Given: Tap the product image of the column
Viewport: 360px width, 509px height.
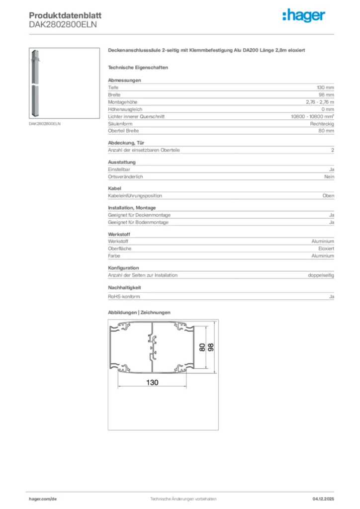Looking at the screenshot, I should pos(37,83).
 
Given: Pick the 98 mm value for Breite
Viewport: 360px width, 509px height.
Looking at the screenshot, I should pos(326,94).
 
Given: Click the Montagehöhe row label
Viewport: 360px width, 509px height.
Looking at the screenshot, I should pos(122,102).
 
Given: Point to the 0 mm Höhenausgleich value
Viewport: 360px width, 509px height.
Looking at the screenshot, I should pos(328,109).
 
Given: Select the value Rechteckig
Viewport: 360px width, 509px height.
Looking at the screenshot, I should pos(322,124).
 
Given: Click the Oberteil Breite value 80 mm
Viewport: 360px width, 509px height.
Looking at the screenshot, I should pos(326,131).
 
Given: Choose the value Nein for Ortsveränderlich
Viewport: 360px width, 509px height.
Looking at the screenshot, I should pos(330,177).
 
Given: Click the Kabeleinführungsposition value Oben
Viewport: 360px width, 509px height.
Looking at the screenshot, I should pos(328,196).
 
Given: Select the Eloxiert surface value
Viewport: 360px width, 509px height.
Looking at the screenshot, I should pos(326,249).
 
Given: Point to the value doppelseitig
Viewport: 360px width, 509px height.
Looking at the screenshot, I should pos(321,275).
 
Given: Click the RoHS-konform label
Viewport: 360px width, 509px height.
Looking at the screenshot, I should pos(124,297).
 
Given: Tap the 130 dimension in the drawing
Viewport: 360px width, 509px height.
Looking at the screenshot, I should pos(153,382).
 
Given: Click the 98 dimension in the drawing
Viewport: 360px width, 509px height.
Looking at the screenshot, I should pos(210,347).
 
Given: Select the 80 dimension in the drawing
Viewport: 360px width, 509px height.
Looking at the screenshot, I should pos(202,347).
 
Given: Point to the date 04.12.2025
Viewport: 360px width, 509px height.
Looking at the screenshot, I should pos(323,499).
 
